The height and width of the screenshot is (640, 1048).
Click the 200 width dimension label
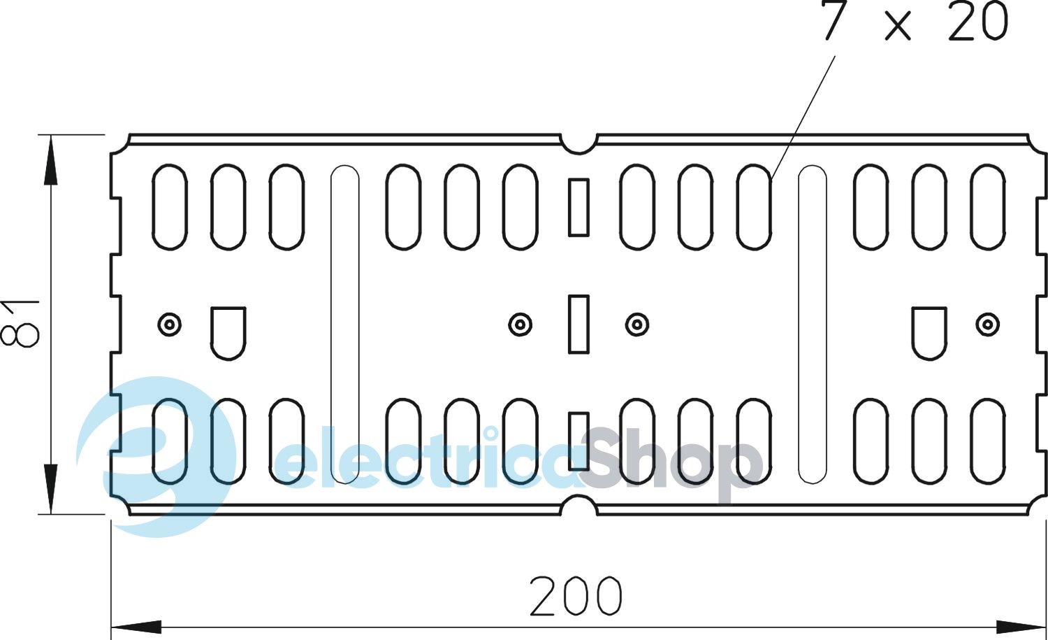point(575,596)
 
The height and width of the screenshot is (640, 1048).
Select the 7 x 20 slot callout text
point(915,22)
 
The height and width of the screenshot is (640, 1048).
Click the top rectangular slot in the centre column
point(578,207)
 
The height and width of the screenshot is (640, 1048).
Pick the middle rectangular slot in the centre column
point(578,323)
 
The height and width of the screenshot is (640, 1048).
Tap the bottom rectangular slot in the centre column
point(578,441)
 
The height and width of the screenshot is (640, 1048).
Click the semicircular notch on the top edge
point(578,144)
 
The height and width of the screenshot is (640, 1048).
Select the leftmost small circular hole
point(169,324)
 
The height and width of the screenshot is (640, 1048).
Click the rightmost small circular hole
point(987,324)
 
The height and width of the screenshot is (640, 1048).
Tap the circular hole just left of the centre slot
point(520,324)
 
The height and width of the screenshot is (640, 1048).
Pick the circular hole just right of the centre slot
point(636,324)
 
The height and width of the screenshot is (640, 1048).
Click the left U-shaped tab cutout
point(228,332)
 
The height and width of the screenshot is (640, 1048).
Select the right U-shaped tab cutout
point(929,332)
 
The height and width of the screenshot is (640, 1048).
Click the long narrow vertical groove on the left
point(344,324)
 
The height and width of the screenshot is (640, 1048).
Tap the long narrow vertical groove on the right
point(812,324)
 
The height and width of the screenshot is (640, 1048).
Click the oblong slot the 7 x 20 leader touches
point(754,207)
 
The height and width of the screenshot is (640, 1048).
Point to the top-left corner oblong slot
point(170,207)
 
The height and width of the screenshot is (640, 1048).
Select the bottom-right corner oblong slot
point(987,441)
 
